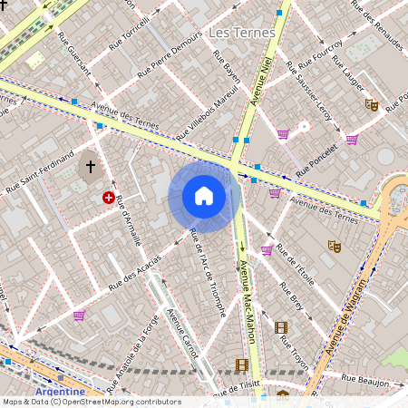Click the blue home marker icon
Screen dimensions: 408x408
pyautogui.click(x=204, y=196)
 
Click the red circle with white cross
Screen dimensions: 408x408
pyautogui.click(x=110, y=198)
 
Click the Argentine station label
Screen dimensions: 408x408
pyautogui.click(x=53, y=392)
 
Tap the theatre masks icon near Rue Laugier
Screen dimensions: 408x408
pyautogui.click(x=372, y=104)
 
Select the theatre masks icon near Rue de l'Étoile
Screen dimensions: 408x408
pyautogui.click(x=334, y=245)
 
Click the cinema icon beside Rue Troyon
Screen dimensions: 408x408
pyautogui.click(x=281, y=327)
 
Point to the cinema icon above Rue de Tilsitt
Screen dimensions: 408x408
pyautogui.click(x=241, y=364)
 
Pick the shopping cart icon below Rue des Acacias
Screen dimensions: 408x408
pyautogui.click(x=79, y=316)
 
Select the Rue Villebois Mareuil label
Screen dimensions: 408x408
pyautogui.click(x=207, y=113)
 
